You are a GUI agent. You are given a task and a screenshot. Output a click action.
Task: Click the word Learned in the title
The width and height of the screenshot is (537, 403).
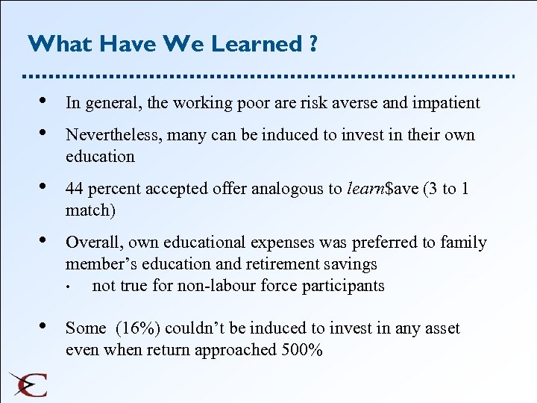point(256,44)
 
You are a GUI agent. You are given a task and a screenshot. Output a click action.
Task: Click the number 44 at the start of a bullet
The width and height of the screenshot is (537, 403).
point(75,189)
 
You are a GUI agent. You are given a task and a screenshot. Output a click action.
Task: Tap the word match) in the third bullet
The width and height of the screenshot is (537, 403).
point(90,210)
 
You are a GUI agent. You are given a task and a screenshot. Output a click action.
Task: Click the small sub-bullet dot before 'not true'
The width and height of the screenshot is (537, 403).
point(68,287)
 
